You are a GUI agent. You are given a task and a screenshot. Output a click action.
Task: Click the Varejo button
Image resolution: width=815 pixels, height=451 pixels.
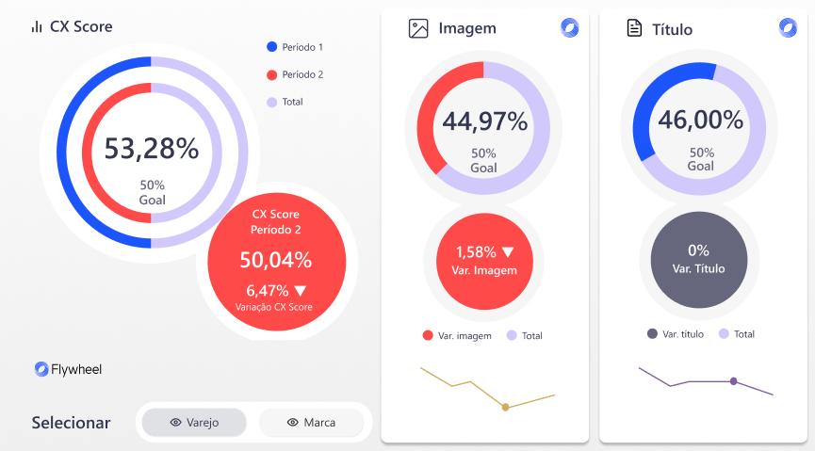tap(194, 423)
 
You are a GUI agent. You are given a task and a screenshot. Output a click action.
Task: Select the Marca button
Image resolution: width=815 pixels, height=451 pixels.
tap(311, 423)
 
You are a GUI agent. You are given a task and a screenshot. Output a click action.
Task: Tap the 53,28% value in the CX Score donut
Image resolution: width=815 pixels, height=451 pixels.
tap(151, 149)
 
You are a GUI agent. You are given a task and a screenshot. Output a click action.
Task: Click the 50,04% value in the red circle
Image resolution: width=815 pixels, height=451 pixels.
tap(275, 261)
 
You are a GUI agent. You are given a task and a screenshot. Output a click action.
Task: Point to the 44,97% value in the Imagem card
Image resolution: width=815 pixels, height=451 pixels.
tap(484, 121)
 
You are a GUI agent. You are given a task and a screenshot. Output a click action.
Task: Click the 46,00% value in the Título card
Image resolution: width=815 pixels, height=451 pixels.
tap(700, 121)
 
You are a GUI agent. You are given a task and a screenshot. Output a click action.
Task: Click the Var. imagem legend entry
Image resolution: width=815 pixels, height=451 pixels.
tap(457, 335)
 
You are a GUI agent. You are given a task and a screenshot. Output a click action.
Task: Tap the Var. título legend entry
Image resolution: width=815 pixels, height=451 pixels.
tap(676, 333)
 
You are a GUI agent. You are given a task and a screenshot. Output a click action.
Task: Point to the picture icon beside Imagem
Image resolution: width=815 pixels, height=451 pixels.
tap(418, 29)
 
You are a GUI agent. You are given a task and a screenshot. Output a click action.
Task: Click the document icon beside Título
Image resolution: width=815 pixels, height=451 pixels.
tap(634, 29)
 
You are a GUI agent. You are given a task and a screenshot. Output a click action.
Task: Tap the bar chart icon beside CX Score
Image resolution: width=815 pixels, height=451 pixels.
tap(37, 27)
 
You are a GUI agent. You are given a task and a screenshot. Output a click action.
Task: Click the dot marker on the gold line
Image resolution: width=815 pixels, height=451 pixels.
tap(506, 407)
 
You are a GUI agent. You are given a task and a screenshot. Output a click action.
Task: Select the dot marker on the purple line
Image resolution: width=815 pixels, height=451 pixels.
tap(733, 381)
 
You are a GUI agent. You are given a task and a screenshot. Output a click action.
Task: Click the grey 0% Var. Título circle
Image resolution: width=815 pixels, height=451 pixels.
tap(698, 258)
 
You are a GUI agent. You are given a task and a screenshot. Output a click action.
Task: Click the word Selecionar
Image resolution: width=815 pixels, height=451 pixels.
tap(71, 423)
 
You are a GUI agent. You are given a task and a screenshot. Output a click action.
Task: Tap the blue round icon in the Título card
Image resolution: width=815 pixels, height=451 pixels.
tap(788, 27)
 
